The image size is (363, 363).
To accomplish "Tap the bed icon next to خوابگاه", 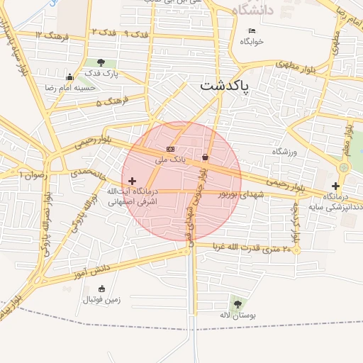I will [253, 30].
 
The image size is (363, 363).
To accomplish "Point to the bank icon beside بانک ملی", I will [171, 149].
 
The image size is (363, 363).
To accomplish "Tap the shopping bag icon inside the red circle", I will [206, 157].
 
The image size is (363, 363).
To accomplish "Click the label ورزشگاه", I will [287, 152].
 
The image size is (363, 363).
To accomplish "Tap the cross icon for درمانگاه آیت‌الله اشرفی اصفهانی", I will [132, 181].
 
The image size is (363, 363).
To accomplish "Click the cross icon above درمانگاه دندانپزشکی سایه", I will [335, 186].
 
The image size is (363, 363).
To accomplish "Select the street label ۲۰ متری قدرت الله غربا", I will [257, 248].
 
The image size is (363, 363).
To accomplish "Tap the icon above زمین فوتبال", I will [101, 289].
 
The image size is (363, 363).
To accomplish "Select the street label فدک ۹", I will [136, 34].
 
